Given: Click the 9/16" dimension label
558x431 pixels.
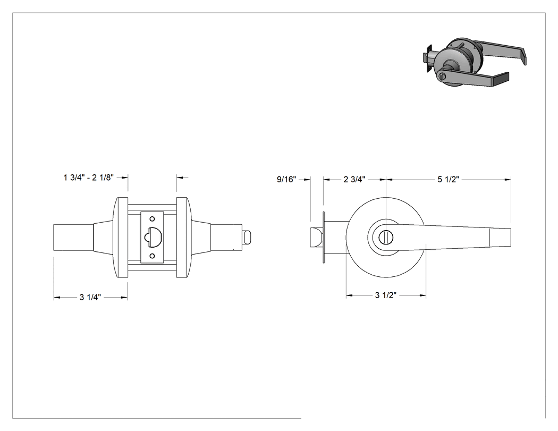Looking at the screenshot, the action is [286, 180].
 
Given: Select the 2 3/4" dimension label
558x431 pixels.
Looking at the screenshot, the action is [354, 180].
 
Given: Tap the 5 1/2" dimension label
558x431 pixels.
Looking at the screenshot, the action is [449, 180].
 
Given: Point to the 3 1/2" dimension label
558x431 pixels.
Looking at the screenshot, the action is [386, 295].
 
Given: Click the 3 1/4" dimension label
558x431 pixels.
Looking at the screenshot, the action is [90, 297].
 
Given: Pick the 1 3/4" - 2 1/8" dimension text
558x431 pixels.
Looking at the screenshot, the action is [89, 178].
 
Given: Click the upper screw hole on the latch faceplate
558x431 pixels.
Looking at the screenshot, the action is [153, 218].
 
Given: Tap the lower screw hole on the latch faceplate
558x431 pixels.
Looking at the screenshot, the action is [153, 256].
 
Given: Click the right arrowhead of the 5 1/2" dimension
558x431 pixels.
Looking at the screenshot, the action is [508, 180].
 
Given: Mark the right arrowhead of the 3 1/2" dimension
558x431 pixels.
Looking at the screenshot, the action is [422, 295].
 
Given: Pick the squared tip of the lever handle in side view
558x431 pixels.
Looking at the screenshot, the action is [501, 237].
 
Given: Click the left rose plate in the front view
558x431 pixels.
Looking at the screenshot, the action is [121, 238].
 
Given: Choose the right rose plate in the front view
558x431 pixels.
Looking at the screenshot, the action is [184, 238].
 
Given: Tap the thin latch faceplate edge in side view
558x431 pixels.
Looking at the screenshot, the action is [324, 238].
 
